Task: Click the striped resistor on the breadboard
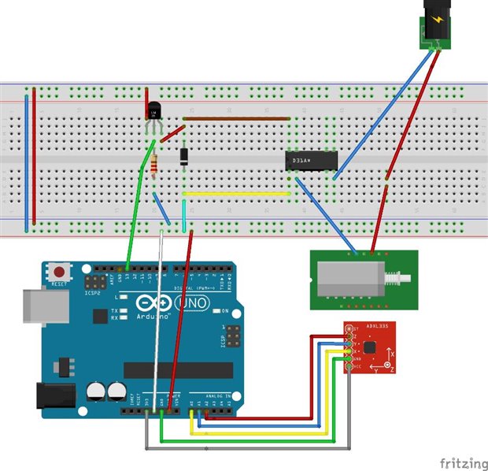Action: point(155,165)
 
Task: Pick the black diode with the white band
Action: point(183,156)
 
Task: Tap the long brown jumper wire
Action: point(236,119)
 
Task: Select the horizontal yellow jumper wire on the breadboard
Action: point(236,193)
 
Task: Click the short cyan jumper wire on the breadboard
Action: point(184,215)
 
